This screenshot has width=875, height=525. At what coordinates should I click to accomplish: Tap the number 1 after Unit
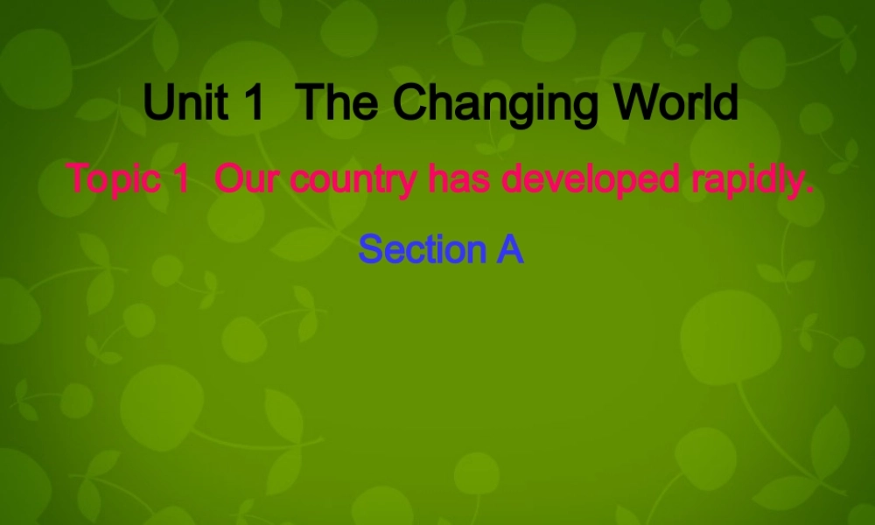[x=254, y=104]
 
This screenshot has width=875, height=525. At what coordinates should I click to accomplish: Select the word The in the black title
[x=338, y=104]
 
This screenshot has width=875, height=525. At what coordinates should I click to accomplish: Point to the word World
[x=676, y=104]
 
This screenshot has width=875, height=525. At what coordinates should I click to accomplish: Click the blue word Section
[x=422, y=249]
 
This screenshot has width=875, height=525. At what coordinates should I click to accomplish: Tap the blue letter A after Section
[x=510, y=249]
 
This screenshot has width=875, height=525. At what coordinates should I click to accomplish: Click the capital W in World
[x=637, y=104]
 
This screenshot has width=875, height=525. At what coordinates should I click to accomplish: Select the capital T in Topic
[x=78, y=179]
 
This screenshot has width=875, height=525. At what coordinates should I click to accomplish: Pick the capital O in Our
[x=227, y=179]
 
